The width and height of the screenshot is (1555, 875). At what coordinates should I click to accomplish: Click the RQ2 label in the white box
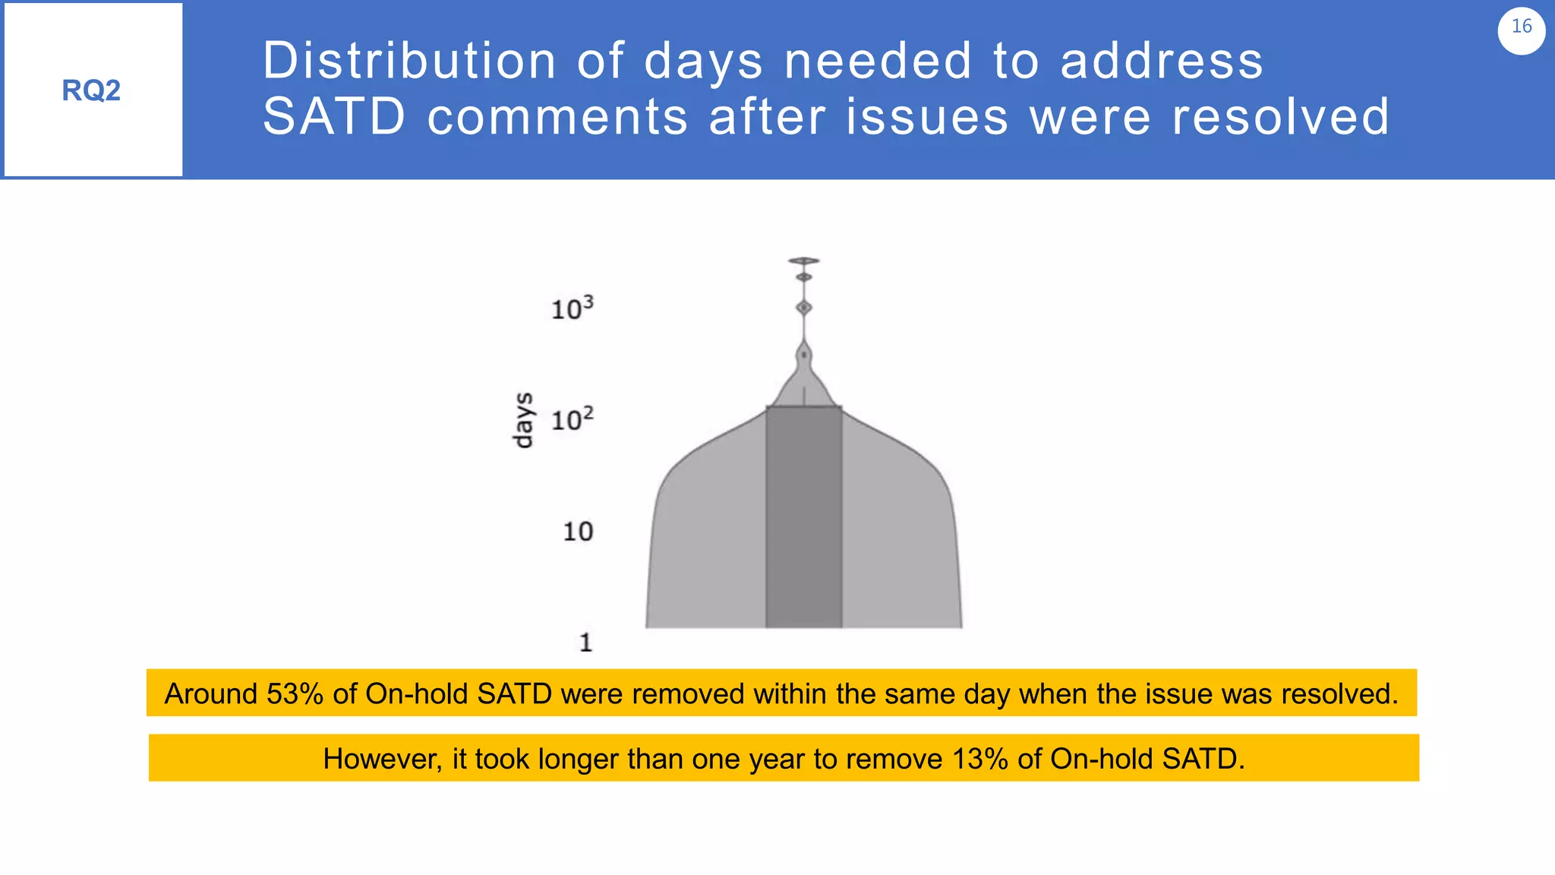click(x=91, y=90)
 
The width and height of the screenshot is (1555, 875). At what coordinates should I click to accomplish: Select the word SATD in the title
click(x=334, y=117)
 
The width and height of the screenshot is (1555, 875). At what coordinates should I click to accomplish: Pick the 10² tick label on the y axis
click(x=572, y=419)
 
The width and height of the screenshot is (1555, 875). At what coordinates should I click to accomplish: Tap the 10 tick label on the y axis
click(x=578, y=531)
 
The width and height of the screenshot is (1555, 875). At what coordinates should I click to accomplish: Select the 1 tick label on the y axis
click(x=585, y=643)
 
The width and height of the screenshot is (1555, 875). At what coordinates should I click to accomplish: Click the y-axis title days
click(x=523, y=420)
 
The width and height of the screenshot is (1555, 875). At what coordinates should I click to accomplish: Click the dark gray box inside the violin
click(x=803, y=516)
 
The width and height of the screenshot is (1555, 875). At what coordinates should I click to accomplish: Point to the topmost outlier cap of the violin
click(x=803, y=261)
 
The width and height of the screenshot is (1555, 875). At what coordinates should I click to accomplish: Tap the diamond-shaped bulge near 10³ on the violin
click(x=803, y=308)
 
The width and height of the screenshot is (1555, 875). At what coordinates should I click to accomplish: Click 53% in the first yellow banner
click(x=295, y=693)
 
